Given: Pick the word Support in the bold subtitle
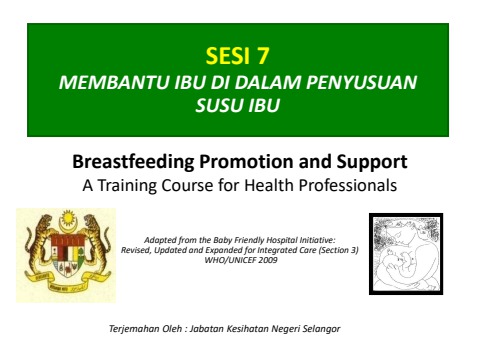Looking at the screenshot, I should click(x=371, y=162).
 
